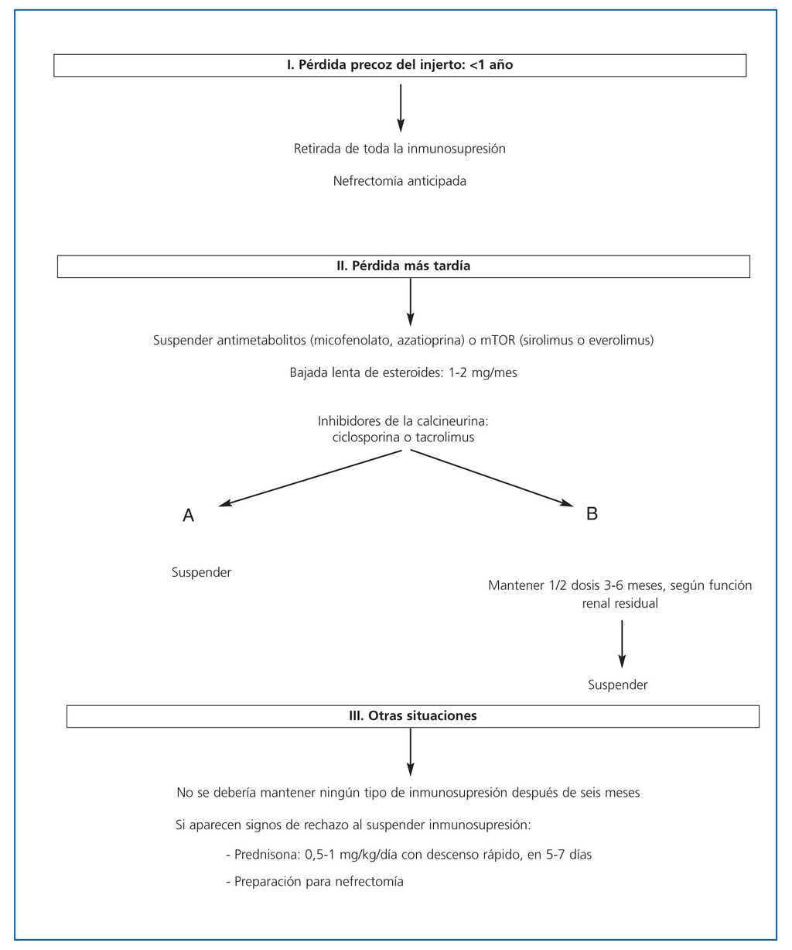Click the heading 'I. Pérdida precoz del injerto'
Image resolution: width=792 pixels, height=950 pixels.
(399, 65)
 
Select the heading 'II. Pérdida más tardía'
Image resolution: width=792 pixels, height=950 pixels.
(403, 266)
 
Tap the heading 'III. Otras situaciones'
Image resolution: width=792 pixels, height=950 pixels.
(412, 716)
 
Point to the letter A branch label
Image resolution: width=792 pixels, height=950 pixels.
(188, 516)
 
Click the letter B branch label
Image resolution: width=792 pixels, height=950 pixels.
(592, 513)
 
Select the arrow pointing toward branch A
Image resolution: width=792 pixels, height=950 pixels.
(309, 478)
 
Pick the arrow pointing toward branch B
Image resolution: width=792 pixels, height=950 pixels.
(493, 477)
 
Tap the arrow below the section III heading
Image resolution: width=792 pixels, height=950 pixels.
(410, 751)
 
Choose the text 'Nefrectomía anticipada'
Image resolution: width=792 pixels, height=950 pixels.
(400, 182)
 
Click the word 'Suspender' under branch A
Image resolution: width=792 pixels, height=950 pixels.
(201, 573)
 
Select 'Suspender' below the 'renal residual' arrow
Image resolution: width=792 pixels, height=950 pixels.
(617, 684)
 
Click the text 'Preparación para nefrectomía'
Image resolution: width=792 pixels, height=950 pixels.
(319, 882)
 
